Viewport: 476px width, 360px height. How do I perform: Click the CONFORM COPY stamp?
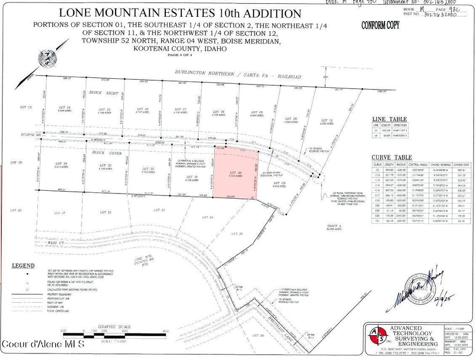380,25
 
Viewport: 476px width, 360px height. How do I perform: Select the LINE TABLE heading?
389,119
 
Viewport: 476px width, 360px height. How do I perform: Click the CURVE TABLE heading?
392,157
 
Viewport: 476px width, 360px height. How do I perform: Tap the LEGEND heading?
23,265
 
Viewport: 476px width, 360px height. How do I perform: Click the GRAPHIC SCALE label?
114,327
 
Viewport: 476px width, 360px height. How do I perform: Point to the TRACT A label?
334,227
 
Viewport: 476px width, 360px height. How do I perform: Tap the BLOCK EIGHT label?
105,93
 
